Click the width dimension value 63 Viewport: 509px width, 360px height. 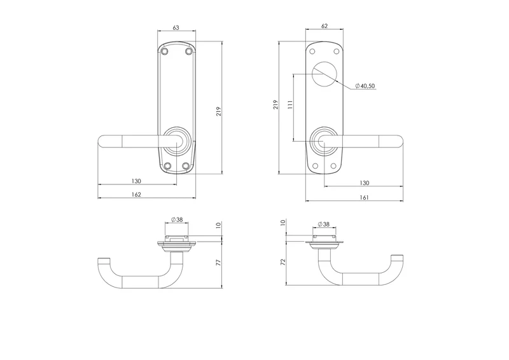176,27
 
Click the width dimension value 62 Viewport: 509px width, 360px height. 324,26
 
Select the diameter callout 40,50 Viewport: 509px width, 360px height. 365,86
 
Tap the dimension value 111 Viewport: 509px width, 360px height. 290,104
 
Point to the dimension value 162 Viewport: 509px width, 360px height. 137,195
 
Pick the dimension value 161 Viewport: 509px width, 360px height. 364,197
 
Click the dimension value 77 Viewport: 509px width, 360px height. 218,262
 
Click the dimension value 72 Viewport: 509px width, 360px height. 282,261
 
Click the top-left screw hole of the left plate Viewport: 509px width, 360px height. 165,52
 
